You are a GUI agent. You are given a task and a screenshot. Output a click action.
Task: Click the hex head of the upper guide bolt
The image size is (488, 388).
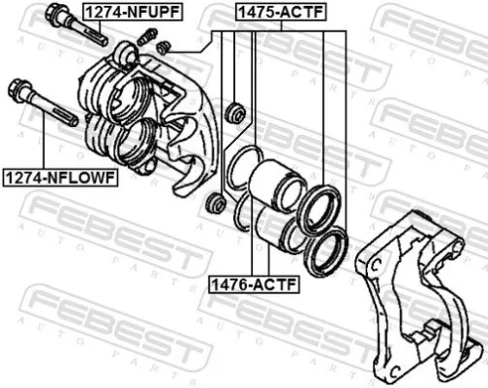[56, 15]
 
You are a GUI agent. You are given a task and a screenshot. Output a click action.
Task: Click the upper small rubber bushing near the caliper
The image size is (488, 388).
[234, 111]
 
